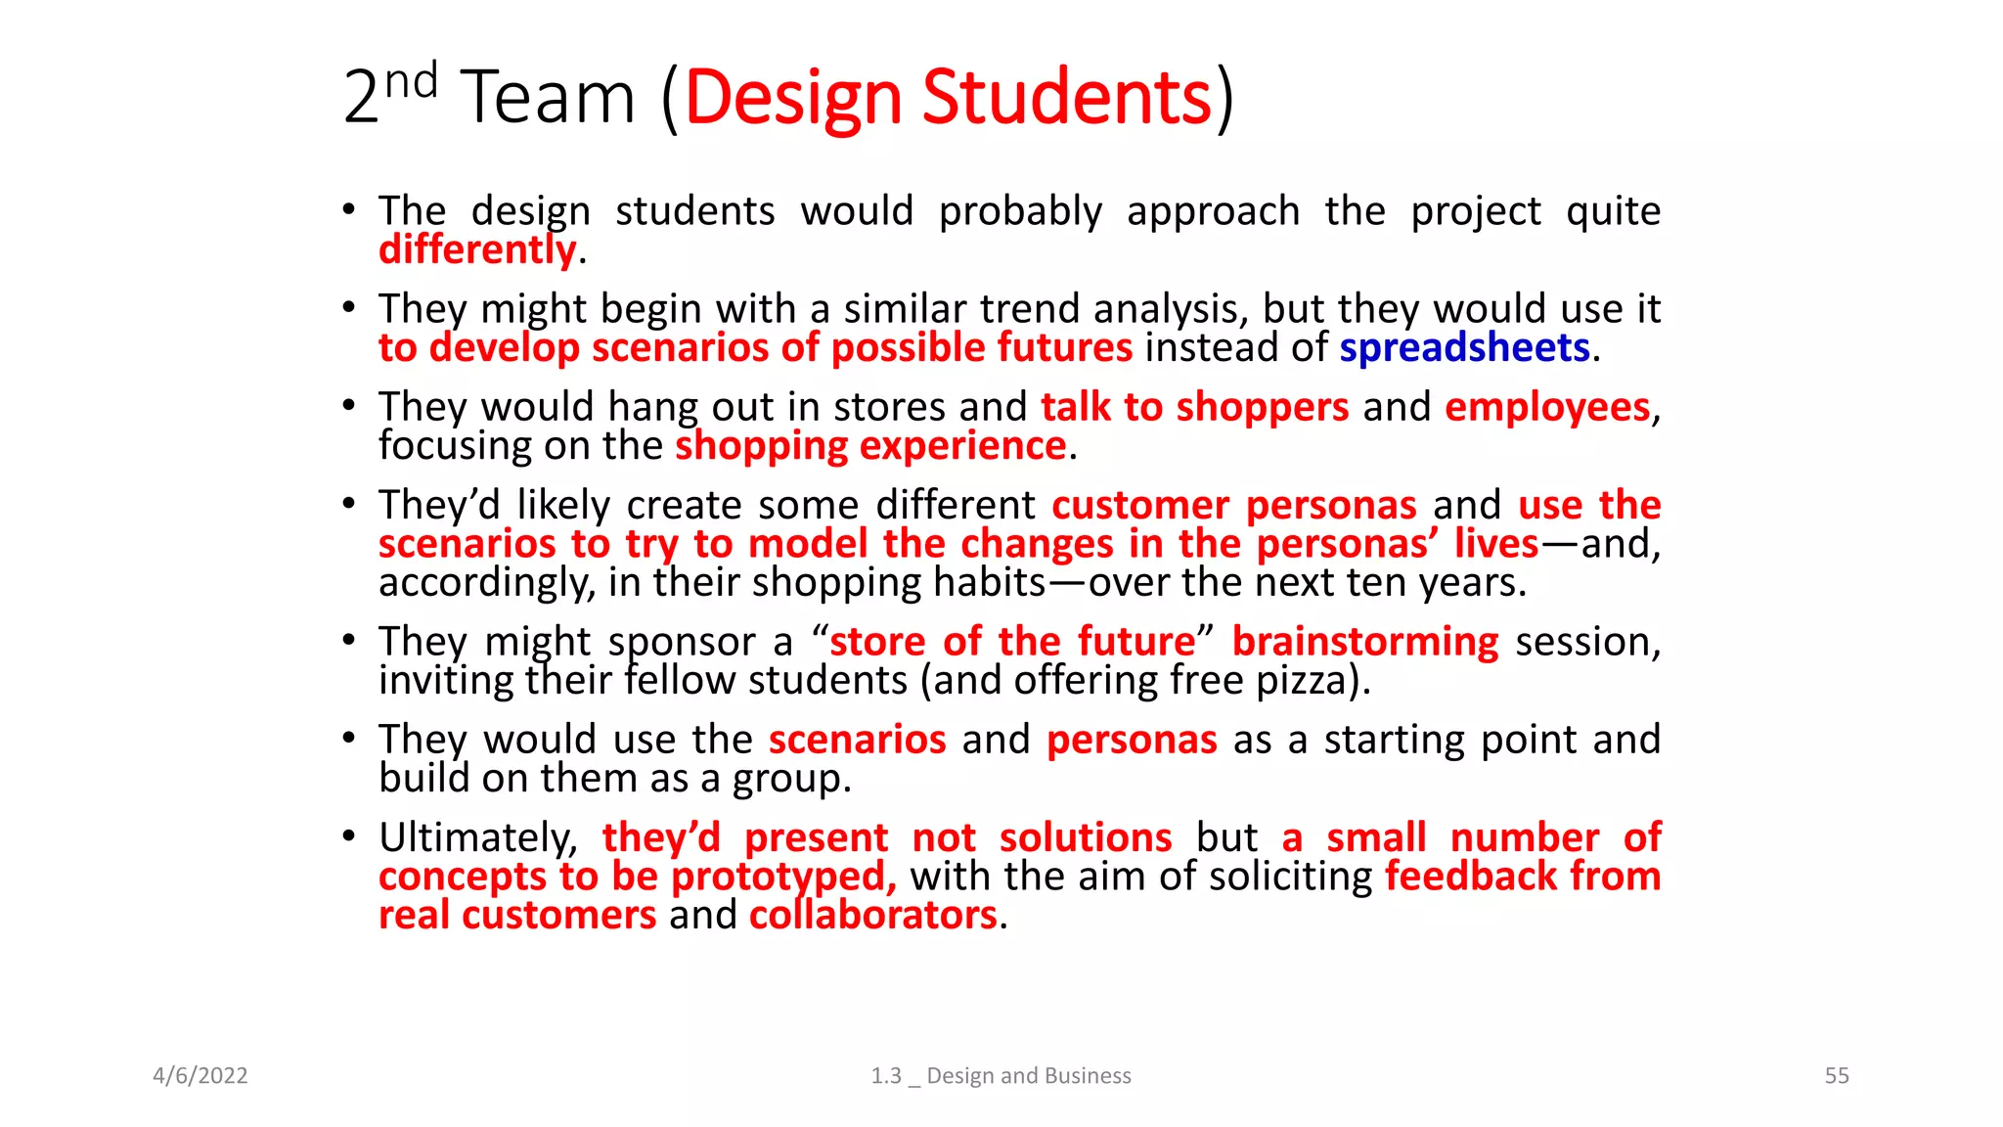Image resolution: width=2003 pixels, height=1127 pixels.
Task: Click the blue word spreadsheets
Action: coord(1464,348)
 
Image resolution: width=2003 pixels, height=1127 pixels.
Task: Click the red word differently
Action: coord(477,250)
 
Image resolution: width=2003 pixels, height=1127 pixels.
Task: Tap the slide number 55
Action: coord(1837,1075)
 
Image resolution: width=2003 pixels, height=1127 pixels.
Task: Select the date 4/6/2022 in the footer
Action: coord(200,1075)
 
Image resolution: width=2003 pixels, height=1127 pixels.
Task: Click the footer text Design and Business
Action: coord(1028,1075)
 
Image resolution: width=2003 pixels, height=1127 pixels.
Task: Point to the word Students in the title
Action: coord(1066,98)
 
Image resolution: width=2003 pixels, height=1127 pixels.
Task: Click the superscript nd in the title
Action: coord(411,81)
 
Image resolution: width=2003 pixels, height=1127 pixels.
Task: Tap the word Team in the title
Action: coord(549,98)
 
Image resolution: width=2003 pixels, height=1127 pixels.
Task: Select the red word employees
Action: coord(1547,407)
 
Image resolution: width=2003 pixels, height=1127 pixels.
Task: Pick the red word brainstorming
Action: coord(1364,642)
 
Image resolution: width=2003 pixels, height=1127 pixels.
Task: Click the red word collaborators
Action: coord(872,916)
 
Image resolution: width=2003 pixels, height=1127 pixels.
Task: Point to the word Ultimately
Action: coord(478,838)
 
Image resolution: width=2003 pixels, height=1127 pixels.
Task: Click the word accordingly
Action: coord(486,584)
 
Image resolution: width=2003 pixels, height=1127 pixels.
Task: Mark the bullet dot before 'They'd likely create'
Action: coord(349,504)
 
